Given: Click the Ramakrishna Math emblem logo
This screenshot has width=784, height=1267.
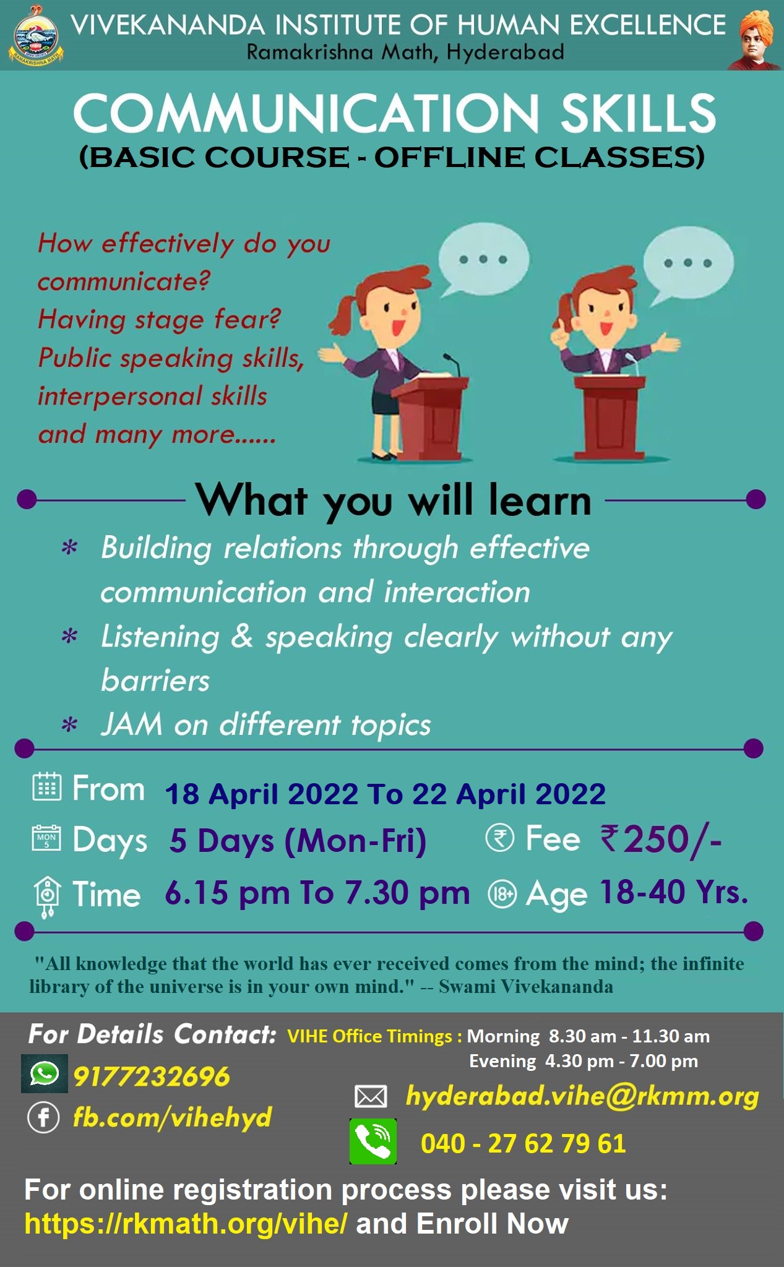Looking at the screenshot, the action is click(36, 36).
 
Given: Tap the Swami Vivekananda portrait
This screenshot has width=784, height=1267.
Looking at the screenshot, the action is click(755, 38).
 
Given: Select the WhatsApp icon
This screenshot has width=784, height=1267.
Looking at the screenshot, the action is click(43, 1073).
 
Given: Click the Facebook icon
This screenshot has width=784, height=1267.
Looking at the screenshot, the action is click(43, 1118).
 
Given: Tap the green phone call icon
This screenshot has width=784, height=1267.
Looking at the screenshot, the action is click(373, 1141).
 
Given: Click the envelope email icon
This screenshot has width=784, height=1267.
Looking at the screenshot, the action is click(371, 1097).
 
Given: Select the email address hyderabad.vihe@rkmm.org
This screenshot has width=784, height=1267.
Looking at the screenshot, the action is click(582, 1096).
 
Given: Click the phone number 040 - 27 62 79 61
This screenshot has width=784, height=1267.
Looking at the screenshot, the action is click(523, 1143).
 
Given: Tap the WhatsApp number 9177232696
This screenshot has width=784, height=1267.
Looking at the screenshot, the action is click(152, 1076).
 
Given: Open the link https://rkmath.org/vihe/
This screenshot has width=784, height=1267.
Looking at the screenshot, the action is click(186, 1224).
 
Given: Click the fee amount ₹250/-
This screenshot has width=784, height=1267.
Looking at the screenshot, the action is click(661, 840).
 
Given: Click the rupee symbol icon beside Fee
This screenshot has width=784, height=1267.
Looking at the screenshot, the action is click(499, 838).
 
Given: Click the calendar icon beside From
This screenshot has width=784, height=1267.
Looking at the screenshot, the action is click(47, 787).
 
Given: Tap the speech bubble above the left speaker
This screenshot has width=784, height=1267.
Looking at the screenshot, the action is click(483, 260).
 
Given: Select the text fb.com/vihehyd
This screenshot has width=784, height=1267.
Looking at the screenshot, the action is click(173, 1118).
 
